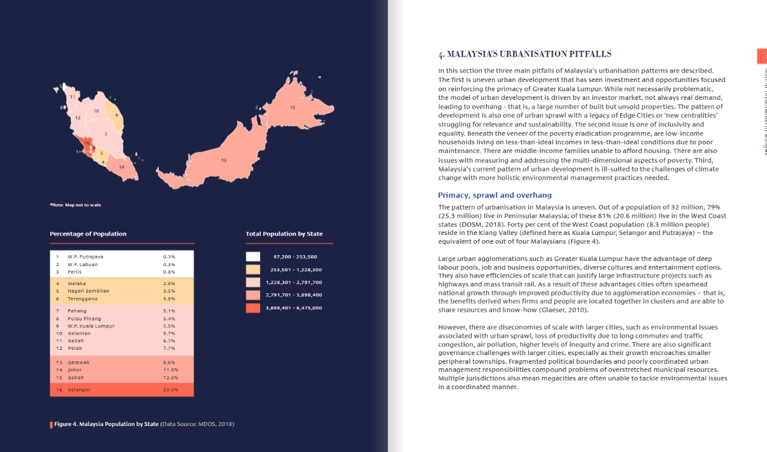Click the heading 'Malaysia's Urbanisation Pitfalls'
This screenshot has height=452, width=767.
click(524, 54)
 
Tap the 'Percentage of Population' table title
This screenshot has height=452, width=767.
click(88, 234)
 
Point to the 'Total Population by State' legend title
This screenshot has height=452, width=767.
click(284, 234)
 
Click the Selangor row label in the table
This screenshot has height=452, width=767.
click(79, 390)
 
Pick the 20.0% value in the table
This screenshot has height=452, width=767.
click(171, 390)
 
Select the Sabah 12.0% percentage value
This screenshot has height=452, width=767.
click(171, 378)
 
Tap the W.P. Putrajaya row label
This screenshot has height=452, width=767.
click(86, 256)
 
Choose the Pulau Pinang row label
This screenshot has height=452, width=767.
click(84, 319)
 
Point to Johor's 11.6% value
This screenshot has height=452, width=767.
click(171, 370)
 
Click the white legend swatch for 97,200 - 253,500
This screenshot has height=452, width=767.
click(253, 256)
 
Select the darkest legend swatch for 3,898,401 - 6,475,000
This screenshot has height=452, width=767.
click(253, 308)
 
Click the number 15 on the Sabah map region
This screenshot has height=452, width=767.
click(292, 108)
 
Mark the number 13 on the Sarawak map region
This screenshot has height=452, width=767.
click(224, 160)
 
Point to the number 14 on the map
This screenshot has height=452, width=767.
click(121, 167)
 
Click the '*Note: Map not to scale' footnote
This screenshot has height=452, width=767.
click(75, 205)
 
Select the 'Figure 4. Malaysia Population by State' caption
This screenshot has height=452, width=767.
click(106, 424)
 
